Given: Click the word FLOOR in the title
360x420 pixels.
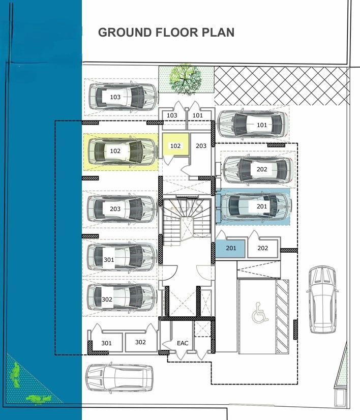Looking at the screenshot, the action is click(x=177, y=33).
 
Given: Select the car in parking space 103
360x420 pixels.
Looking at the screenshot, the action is click(x=123, y=97).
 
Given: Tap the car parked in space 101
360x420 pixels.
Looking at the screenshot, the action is click(x=252, y=125).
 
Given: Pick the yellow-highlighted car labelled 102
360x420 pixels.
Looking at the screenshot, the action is click(x=122, y=152).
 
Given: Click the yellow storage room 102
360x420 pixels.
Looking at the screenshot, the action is click(x=175, y=144).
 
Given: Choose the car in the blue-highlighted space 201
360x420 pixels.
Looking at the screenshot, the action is click(x=256, y=207).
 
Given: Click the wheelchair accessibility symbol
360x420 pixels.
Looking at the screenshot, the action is click(x=260, y=312).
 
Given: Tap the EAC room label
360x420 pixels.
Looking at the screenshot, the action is click(x=183, y=343).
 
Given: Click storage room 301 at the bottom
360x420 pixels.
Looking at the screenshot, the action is click(x=107, y=342).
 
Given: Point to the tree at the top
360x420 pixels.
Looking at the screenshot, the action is click(x=186, y=79).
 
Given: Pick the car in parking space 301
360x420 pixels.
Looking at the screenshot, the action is click(x=122, y=257).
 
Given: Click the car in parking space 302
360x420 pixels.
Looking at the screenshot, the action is click(x=122, y=298).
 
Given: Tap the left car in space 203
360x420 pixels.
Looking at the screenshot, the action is click(x=122, y=208).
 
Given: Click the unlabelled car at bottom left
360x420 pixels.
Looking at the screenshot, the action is click(x=119, y=378).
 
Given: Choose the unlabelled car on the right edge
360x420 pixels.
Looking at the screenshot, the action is click(x=322, y=299).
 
